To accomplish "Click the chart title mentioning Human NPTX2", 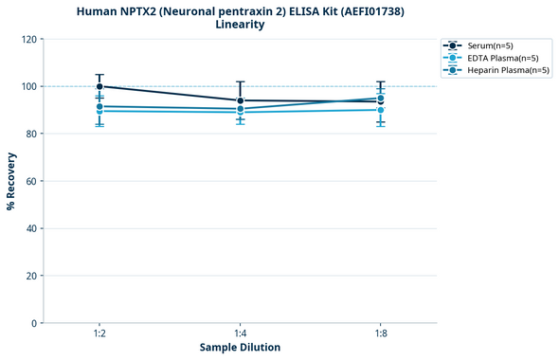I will click(x=240, y=10).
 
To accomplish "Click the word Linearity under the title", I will click(x=240, y=25).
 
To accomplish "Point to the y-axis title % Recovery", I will click(x=11, y=181).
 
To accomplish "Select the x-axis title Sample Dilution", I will click(x=240, y=348).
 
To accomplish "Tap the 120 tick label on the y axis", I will click(x=29, y=39).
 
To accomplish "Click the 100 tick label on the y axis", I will click(x=29, y=86).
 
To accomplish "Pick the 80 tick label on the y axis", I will click(x=32, y=134).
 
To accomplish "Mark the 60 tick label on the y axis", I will click(x=32, y=181).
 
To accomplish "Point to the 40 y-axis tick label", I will click(x=32, y=228).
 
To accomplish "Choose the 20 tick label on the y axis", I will click(x=32, y=276).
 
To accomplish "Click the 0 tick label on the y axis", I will click(x=35, y=323).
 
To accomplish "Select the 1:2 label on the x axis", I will click(x=99, y=333).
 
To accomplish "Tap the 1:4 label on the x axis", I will click(x=241, y=333).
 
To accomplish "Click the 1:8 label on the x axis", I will click(x=381, y=333).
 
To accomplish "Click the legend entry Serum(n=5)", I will click(x=492, y=45).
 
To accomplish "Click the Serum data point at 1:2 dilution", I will click(x=99, y=86).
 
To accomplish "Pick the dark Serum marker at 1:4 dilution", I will click(x=241, y=100).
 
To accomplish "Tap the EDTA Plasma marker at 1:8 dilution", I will click(x=381, y=110).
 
